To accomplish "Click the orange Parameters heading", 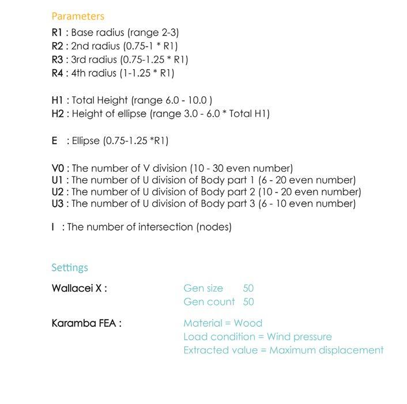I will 78,16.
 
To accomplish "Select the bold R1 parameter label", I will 57,32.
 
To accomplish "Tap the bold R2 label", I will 57,46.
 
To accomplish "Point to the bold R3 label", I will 57,59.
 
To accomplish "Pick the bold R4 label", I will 57,73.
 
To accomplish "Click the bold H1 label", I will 57,100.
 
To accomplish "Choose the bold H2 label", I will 58,114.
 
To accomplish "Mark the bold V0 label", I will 58,168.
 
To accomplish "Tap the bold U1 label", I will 57,180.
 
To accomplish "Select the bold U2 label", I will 58,192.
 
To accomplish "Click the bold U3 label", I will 58,203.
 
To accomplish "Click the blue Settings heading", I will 70,267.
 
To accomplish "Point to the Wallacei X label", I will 79,288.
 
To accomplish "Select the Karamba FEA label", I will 86,323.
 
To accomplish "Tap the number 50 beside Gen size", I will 248,288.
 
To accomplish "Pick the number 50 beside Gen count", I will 248,302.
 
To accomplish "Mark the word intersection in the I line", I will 165,227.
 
